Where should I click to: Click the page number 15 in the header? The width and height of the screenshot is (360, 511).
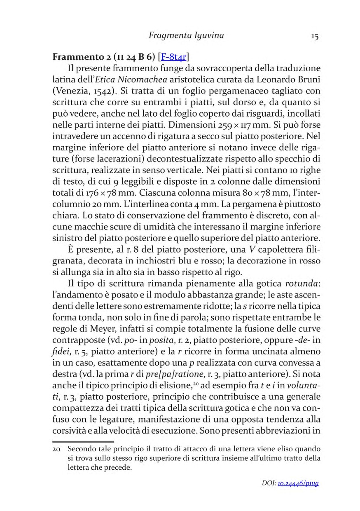pyautogui.click(x=315, y=36)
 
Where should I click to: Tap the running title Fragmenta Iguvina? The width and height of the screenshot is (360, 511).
pyautogui.click(x=186, y=35)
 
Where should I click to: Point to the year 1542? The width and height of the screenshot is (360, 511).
pyautogui.click(x=98, y=89)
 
